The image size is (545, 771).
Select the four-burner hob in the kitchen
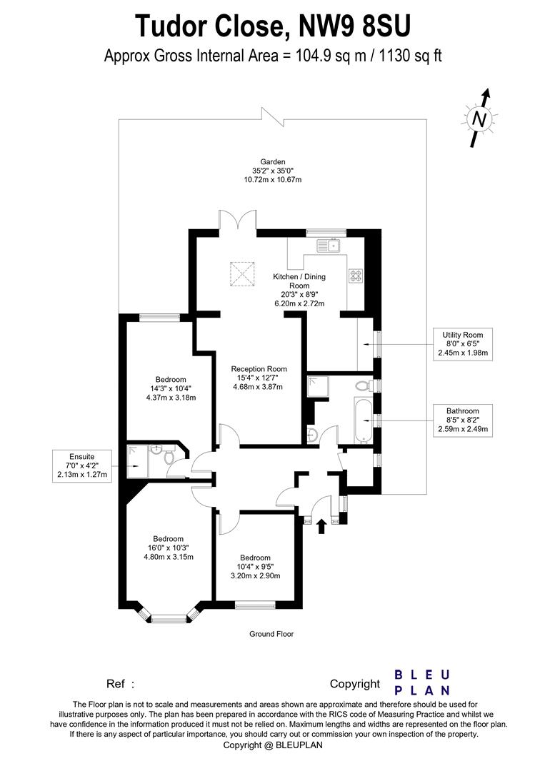tap(355, 276)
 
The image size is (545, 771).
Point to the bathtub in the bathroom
tap(359, 421)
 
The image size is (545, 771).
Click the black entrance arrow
tap(321, 526)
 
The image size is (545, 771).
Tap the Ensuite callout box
tap(82, 465)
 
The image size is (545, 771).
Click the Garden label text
tap(272, 162)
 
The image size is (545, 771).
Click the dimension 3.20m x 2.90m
tap(255, 575)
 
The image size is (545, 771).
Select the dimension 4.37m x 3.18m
tap(171, 398)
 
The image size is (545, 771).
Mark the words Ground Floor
tap(271, 634)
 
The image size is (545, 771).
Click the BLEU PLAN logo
tap(423, 682)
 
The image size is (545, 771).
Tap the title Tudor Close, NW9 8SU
tap(273, 26)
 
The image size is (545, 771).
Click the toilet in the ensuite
tap(169, 463)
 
